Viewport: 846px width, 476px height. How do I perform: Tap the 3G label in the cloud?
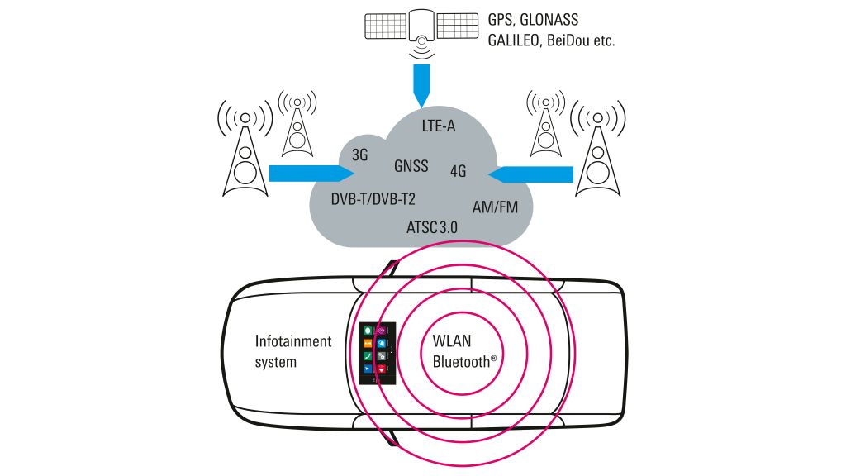point(359,155)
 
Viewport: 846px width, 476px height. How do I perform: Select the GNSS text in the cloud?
point(411,165)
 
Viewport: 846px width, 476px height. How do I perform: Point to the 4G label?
point(459,172)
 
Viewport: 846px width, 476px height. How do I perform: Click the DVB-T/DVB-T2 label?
point(373,199)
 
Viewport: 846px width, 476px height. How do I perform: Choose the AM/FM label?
point(495,207)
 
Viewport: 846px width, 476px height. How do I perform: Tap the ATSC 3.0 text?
point(432,226)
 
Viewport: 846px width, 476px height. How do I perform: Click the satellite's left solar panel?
point(384,26)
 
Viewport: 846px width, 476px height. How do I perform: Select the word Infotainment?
point(292,340)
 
